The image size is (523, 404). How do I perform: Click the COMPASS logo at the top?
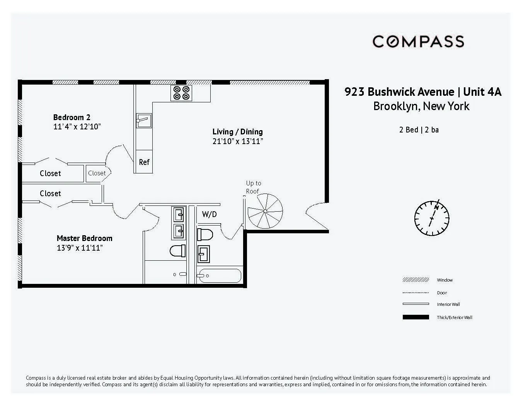418,41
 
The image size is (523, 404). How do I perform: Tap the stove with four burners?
181,93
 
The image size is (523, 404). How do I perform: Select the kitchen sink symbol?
143,121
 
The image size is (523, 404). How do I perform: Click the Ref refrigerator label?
144,162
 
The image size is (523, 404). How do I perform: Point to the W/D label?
209,214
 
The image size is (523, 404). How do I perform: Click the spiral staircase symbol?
265,211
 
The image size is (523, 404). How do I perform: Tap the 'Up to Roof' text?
253,187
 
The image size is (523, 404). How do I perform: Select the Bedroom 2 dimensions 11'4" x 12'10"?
77,127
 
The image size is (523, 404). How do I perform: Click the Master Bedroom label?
84,238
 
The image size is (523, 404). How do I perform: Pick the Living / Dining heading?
237,132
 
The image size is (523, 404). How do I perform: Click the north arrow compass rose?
432,218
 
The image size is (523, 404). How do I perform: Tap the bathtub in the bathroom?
219,276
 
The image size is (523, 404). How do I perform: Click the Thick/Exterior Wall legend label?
455,317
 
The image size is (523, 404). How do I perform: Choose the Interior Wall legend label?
448,304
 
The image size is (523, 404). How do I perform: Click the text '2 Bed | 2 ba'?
419,130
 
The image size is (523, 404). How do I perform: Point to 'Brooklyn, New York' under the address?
421,106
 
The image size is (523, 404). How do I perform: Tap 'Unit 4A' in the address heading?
482,92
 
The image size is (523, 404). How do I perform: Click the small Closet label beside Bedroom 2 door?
97,173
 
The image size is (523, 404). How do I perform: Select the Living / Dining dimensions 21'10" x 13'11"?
237,141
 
